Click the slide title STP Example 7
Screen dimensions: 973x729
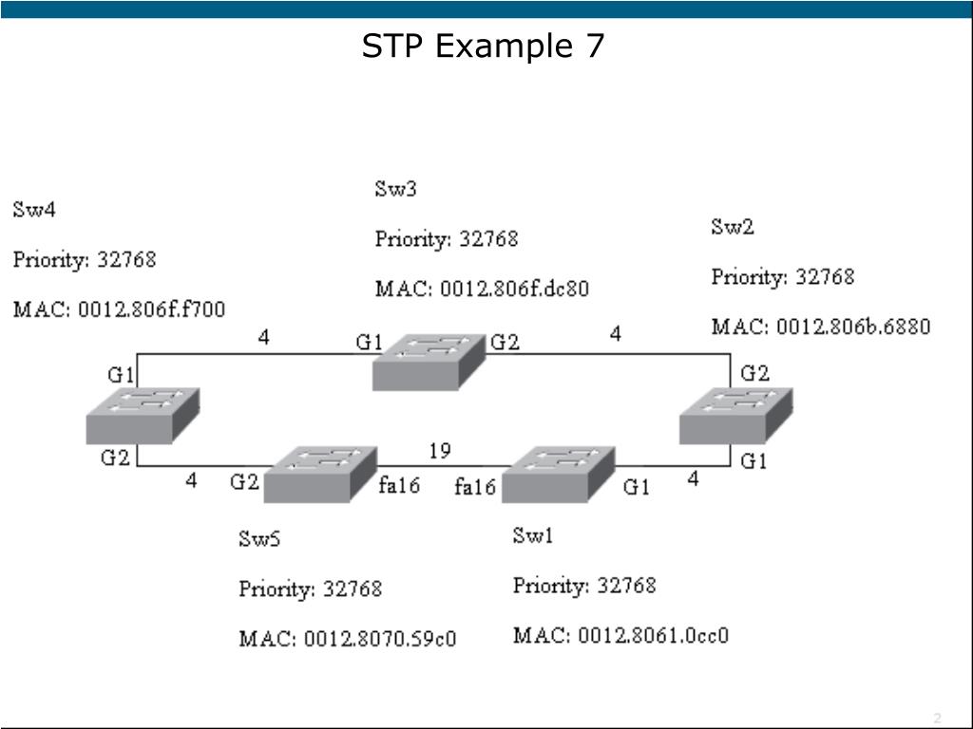483,46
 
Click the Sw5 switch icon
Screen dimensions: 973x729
320,475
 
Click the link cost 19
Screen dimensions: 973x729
439,451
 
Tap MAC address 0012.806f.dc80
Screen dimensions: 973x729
482,288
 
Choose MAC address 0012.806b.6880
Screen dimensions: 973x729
821,327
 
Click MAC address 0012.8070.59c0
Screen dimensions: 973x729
347,639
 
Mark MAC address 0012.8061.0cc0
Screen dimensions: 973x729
620,635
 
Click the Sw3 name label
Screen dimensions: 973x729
395,188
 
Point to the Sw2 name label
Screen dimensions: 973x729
733,227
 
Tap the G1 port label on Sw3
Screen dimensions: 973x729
369,343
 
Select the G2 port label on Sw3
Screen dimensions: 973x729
505,343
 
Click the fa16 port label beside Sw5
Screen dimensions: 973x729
399,485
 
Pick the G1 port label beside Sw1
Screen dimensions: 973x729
637,487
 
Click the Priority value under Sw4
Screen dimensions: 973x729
126,259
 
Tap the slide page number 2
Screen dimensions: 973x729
937,717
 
